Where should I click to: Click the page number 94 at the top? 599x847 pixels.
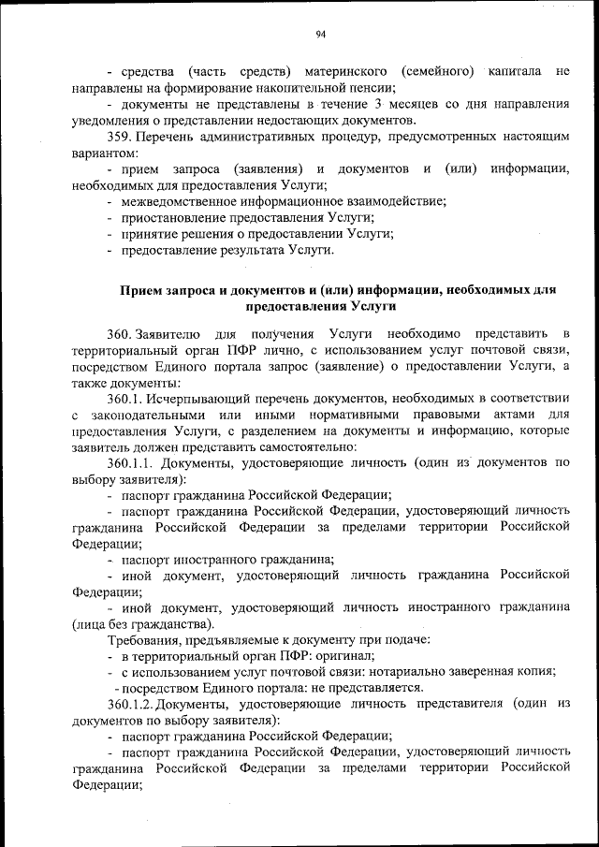[319, 35]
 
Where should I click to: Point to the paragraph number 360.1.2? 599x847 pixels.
[130, 702]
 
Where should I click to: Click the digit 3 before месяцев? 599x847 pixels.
[377, 105]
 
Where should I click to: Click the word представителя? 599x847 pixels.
[455, 702]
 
